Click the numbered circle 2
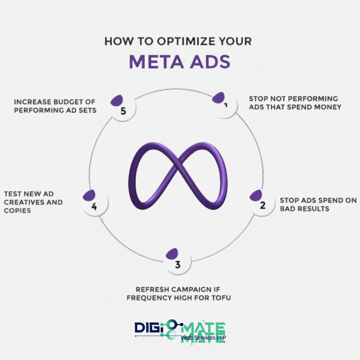pyautogui.click(x=262, y=205)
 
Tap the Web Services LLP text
pyautogui.click(x=203, y=338)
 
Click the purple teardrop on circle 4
pyautogui.click(x=89, y=195)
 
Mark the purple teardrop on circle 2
pyautogui.click(x=256, y=195)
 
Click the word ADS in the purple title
pyautogui.click(x=210, y=62)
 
